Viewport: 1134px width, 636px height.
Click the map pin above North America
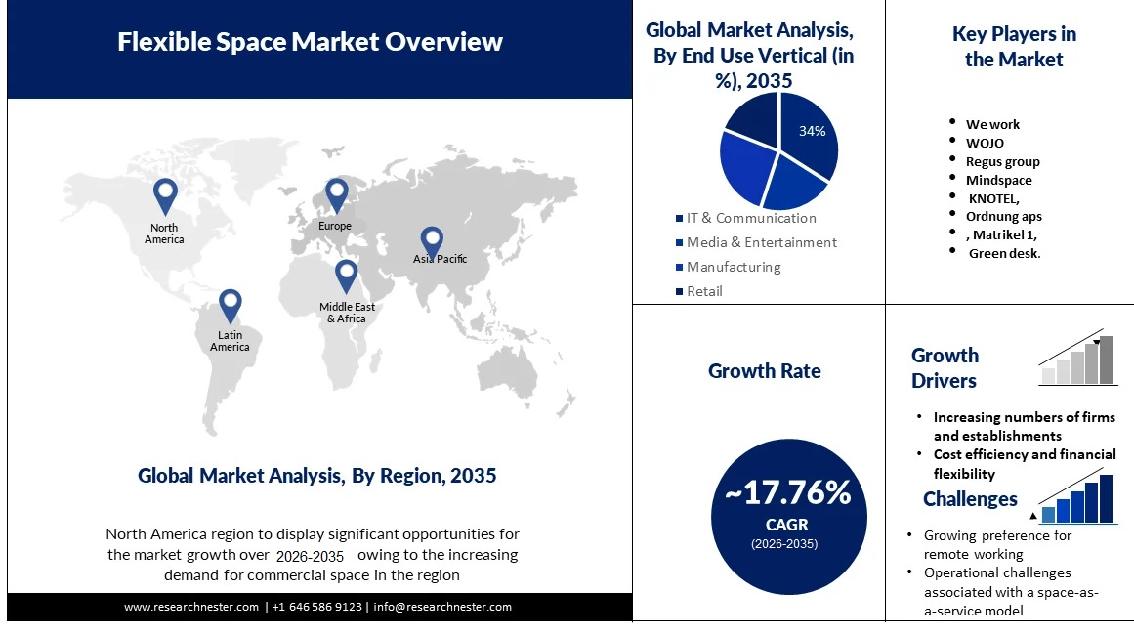click(x=166, y=195)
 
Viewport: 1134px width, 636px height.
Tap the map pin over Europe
click(x=336, y=194)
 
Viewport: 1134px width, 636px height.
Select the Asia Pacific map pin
click(x=432, y=241)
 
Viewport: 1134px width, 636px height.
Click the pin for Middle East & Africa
click(x=346, y=276)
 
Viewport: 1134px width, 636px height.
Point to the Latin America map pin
click(x=230, y=305)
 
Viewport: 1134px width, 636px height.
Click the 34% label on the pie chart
click(x=813, y=131)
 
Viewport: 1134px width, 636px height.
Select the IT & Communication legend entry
click(x=750, y=218)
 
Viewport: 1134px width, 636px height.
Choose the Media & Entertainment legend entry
click(x=761, y=242)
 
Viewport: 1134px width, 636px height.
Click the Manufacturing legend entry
click(x=733, y=267)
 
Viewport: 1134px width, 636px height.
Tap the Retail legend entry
click(x=703, y=291)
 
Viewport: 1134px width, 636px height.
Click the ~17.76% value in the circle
click(x=787, y=492)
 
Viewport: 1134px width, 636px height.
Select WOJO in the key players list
click(x=985, y=143)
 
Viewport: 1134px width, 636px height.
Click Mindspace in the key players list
click(x=998, y=180)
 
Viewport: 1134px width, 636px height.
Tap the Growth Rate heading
click(x=765, y=371)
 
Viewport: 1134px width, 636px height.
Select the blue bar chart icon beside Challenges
click(x=1076, y=500)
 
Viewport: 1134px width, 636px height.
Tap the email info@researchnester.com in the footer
click(x=442, y=607)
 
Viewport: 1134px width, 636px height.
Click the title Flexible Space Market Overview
click(x=311, y=42)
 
